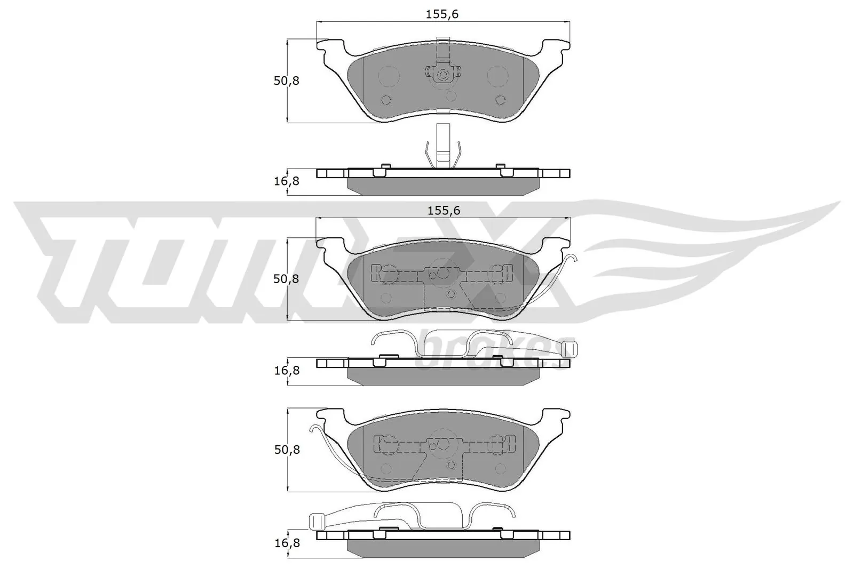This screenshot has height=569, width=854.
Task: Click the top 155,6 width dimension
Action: tap(442, 14)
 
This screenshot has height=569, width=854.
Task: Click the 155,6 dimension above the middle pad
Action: tap(444, 211)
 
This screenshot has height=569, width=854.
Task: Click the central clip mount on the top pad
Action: tap(442, 75)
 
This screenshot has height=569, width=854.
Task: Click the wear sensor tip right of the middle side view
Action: tap(570, 349)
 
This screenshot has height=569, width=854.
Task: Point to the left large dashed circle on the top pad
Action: tap(389, 76)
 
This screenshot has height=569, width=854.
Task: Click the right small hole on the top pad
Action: tap(500, 99)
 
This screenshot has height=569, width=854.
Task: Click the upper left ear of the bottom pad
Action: tap(331, 416)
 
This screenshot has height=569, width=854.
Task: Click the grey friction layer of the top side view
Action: tap(443, 186)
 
